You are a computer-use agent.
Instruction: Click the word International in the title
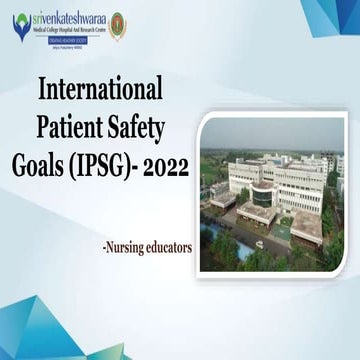[x=98, y=90]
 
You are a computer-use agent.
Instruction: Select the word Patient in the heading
[x=72, y=127]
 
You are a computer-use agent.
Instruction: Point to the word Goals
[x=64, y=163]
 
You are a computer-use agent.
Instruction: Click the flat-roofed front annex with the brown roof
[x=258, y=213]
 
